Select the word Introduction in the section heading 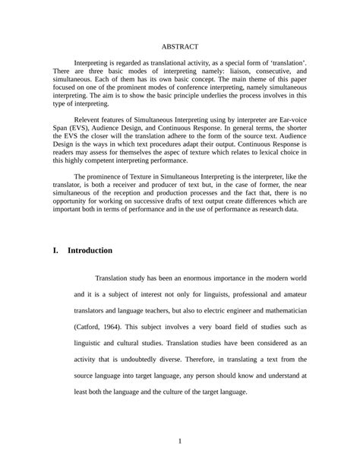90,249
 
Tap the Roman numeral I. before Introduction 56,249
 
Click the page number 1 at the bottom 180,441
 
